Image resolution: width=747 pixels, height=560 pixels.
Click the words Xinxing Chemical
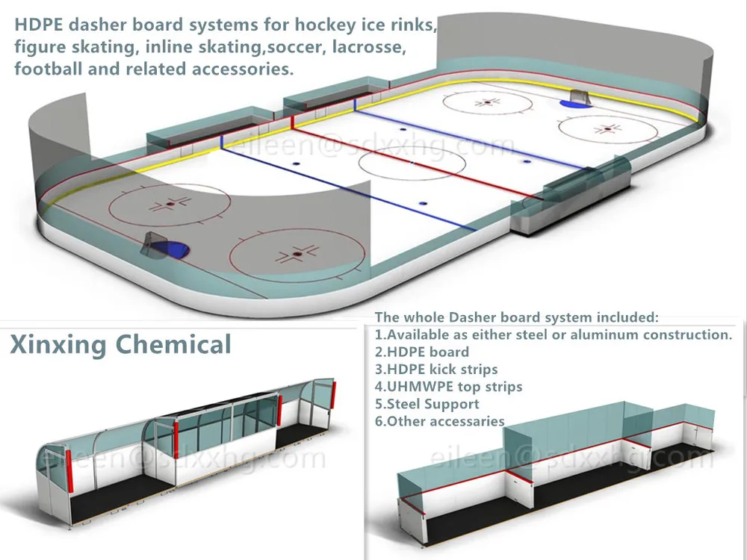120,345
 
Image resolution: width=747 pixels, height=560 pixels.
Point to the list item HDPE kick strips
436,369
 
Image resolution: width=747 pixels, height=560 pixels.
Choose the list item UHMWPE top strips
448,387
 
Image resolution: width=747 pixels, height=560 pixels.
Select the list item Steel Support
427,404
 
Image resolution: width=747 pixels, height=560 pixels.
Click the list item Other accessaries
439,421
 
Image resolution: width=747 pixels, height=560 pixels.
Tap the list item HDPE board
421,352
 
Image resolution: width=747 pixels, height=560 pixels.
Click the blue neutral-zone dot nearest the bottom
423,202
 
